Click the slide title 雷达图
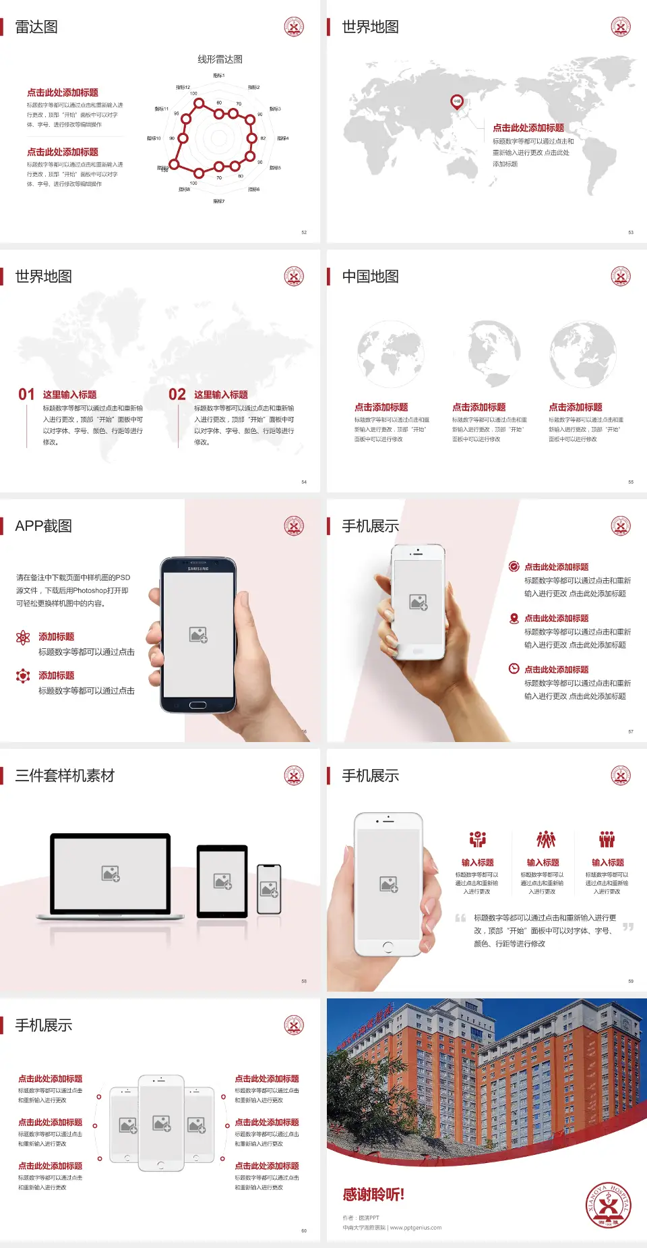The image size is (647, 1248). point(36,27)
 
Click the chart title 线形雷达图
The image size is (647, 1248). point(220,59)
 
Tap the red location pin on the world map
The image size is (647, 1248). point(456,102)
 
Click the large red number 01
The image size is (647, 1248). point(26,395)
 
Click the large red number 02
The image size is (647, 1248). point(177,395)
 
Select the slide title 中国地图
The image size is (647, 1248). point(370,277)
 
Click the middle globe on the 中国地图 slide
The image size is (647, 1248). point(487,353)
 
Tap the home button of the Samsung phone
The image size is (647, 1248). point(197,705)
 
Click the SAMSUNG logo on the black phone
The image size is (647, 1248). point(198,569)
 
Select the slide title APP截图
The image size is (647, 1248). point(43,526)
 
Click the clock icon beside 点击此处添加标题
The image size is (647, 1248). point(514,669)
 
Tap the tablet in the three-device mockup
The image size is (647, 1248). point(222,880)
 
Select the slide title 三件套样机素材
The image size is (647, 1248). point(65,776)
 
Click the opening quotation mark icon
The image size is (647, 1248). point(460,918)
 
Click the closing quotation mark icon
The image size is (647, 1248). point(627,927)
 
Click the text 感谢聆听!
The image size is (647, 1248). point(373,1195)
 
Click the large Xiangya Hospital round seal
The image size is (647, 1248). point(608,1205)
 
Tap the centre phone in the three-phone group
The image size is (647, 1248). point(161,1123)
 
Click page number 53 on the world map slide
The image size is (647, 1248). point(631,233)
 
